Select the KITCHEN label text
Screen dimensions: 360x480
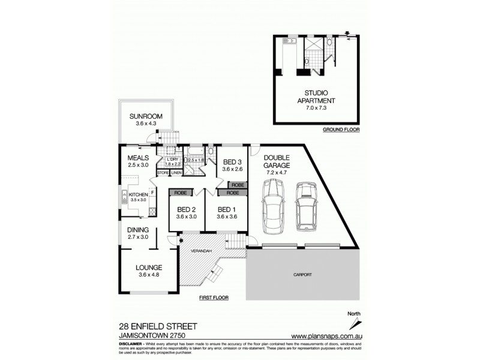(138, 194)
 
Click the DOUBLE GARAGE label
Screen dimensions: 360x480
(277, 161)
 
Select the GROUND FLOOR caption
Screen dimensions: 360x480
(341, 130)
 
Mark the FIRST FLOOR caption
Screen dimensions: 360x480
(214, 298)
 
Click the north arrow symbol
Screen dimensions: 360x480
(352, 321)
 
